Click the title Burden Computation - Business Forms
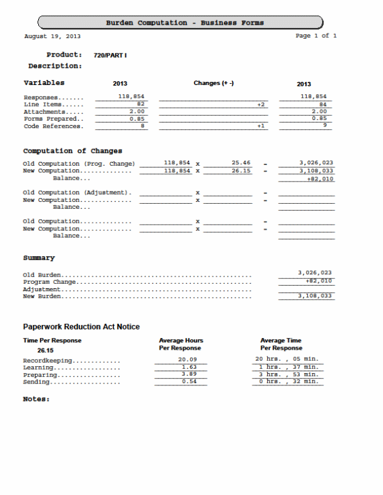(184, 23)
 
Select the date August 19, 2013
(52, 36)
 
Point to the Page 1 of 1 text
(316, 36)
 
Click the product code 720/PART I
(110, 55)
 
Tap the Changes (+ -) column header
(214, 84)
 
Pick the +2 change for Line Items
(261, 105)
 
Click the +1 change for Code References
(261, 126)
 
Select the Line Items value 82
(140, 105)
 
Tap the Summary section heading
(39, 258)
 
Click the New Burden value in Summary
(315, 296)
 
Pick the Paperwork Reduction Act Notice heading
(81, 327)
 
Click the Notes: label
(36, 399)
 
